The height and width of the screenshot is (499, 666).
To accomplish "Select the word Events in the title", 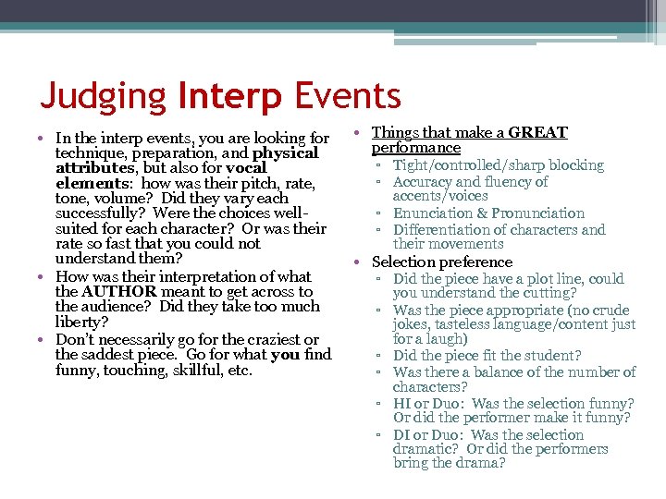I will tap(349, 96).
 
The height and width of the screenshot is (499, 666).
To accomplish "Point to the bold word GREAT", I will tap(537, 133).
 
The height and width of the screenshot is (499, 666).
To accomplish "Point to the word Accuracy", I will tap(424, 182).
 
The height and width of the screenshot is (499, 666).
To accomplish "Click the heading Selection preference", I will tap(441, 262).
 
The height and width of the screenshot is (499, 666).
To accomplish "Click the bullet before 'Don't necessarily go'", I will tap(44, 340).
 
